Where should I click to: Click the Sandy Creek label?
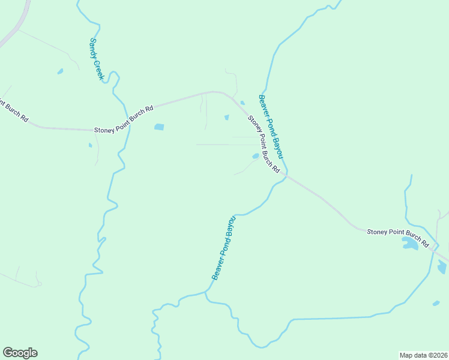click(x=97, y=59)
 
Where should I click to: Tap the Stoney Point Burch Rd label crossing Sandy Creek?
click(x=124, y=119)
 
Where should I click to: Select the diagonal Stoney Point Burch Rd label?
click(x=264, y=145)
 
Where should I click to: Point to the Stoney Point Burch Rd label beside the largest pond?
click(x=397, y=237)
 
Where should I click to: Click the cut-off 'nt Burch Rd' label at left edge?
click(x=14, y=111)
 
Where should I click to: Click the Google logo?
click(x=20, y=353)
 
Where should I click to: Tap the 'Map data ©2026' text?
click(x=423, y=355)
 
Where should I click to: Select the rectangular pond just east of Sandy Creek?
click(x=159, y=127)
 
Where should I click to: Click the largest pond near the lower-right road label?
click(x=410, y=244)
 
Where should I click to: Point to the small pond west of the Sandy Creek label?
click(x=60, y=71)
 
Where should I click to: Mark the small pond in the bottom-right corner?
click(x=436, y=304)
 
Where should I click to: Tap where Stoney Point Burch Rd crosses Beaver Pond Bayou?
click(x=286, y=175)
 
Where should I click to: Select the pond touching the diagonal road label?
click(x=256, y=156)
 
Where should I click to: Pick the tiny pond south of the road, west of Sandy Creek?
click(x=90, y=145)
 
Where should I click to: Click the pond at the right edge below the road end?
click(x=442, y=268)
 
